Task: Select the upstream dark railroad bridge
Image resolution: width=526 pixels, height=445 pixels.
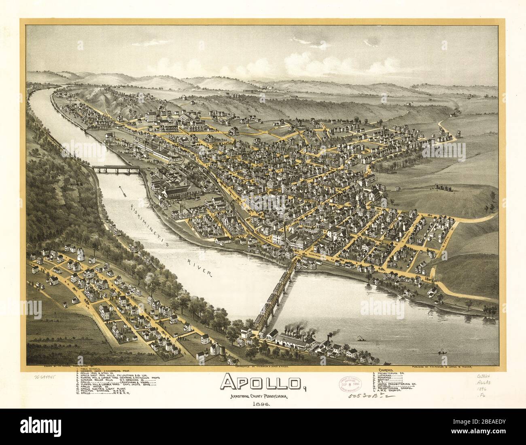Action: (x=115, y=168)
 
